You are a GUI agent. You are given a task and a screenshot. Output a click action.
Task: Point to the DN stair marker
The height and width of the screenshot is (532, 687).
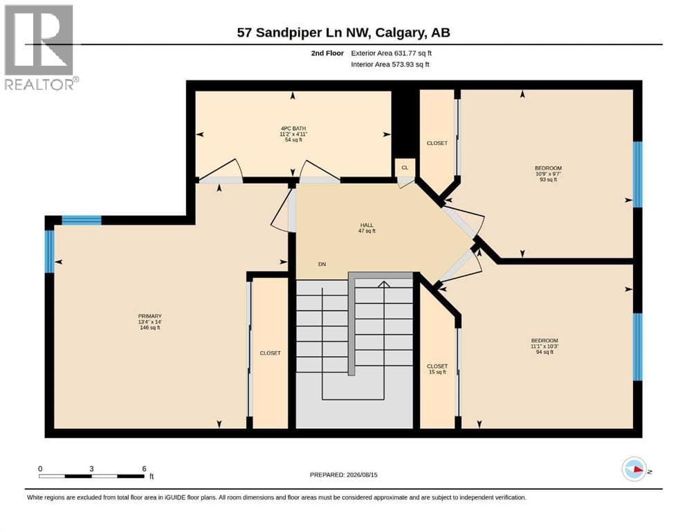tap(322, 264)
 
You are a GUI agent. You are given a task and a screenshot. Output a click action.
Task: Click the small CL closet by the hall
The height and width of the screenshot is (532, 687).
tap(405, 168)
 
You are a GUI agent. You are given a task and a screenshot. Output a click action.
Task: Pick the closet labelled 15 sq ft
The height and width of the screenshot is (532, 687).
tap(437, 369)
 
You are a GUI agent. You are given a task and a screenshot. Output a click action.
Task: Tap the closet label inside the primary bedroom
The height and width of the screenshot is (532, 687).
tap(270, 353)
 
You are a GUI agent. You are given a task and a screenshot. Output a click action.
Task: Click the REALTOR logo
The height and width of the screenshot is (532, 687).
tap(40, 47)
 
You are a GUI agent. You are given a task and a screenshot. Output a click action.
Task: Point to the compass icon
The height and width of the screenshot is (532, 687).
tap(634, 469)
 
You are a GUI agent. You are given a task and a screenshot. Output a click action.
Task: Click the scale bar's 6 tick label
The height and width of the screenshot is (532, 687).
tap(144, 469)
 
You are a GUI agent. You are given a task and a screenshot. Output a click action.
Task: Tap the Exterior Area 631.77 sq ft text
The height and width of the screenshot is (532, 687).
tap(392, 53)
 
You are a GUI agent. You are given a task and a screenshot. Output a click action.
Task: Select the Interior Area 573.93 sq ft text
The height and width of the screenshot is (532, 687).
tap(390, 64)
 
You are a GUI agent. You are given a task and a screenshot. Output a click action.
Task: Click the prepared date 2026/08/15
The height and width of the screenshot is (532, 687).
tap(362, 475)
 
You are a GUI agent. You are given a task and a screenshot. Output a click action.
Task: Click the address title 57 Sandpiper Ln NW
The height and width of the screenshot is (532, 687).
tap(304, 33)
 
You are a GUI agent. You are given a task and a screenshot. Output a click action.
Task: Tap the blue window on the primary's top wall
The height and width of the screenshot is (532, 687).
tap(82, 220)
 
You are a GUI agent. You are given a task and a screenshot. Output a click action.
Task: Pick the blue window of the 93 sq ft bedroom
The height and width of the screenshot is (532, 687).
tap(637, 175)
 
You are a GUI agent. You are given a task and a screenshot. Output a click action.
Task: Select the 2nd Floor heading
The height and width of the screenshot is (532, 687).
tap(327, 53)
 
